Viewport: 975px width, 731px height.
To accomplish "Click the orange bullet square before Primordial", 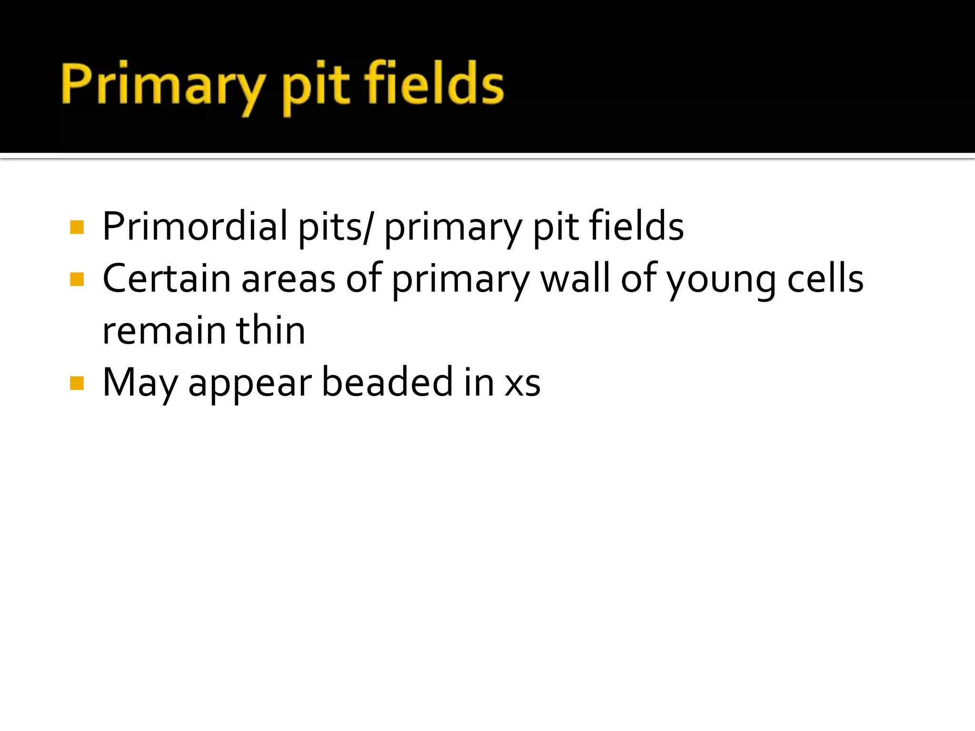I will [x=77, y=227].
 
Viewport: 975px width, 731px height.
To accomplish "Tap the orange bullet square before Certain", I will [x=77, y=279].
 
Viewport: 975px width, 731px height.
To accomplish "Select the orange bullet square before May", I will [x=77, y=383].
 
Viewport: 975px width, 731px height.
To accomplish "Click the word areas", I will [x=289, y=280].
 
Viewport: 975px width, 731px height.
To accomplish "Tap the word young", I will [x=721, y=281].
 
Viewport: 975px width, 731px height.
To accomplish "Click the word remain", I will [x=163, y=331].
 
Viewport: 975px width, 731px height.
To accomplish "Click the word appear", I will [x=250, y=385].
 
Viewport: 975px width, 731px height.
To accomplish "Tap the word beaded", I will [x=387, y=382].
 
